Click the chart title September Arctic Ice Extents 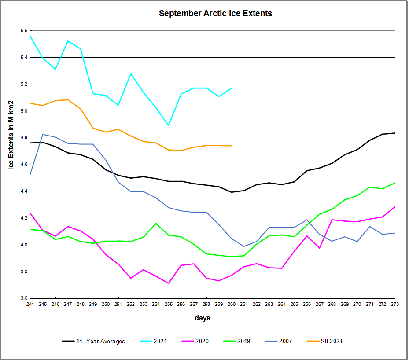[215, 14]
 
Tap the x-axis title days [203, 318]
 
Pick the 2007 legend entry [284, 341]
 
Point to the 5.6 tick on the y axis [23, 30]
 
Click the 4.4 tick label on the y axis [23, 191]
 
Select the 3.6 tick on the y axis [23, 298]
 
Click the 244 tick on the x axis [30, 304]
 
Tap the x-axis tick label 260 [232, 304]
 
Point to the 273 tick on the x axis [395, 304]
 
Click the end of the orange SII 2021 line [232, 146]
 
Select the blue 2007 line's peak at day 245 [43, 134]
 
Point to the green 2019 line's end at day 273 [395, 183]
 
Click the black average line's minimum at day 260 [232, 192]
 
